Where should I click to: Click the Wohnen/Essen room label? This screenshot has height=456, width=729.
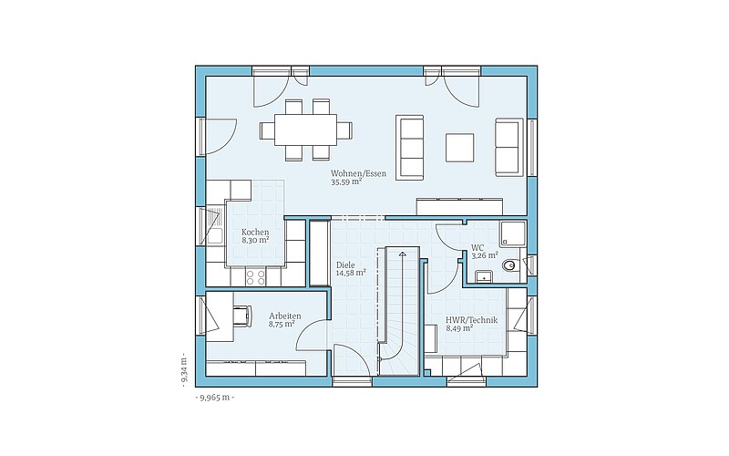click(x=358, y=173)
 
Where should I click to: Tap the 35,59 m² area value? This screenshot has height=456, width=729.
click(x=346, y=182)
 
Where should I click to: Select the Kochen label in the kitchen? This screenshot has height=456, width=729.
click(x=255, y=232)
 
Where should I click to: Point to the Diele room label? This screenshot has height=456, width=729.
click(x=345, y=264)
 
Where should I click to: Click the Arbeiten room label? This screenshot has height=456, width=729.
click(x=284, y=316)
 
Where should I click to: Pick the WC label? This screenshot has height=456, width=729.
click(x=477, y=247)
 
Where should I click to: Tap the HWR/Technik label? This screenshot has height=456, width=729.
click(x=471, y=320)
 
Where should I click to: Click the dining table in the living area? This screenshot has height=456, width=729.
click(x=305, y=130)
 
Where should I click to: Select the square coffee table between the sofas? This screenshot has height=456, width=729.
click(x=460, y=148)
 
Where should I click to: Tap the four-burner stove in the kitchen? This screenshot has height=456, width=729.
click(x=255, y=277)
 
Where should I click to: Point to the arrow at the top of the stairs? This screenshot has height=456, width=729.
click(x=401, y=254)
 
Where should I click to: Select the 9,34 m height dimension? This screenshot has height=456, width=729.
click(x=184, y=370)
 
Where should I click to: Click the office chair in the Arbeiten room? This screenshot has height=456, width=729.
click(x=242, y=316)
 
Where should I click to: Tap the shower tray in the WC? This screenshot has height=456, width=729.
click(x=513, y=234)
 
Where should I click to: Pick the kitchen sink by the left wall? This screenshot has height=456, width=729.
click(x=215, y=226)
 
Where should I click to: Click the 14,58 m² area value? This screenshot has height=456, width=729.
click(x=351, y=273)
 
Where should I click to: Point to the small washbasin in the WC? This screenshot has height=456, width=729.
click(x=485, y=276)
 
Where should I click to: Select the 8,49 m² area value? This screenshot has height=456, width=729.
click(x=459, y=328)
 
